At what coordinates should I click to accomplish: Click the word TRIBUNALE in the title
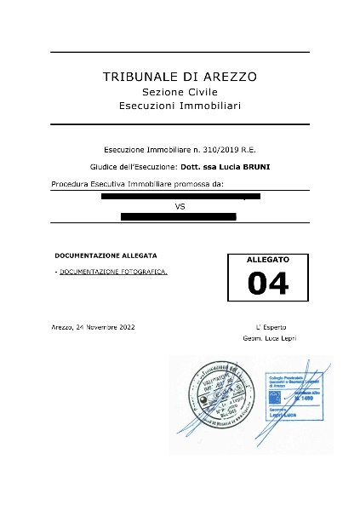click(134, 77)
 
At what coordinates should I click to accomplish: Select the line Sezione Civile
click(180, 91)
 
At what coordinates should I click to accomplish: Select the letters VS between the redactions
click(180, 206)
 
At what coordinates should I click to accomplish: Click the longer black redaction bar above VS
click(180, 196)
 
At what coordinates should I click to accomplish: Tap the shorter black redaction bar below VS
click(178, 216)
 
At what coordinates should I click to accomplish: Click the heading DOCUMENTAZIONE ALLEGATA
click(106, 255)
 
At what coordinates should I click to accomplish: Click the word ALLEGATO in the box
click(267, 258)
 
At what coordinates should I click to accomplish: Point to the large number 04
click(267, 283)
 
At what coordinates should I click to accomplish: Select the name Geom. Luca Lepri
click(271, 339)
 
